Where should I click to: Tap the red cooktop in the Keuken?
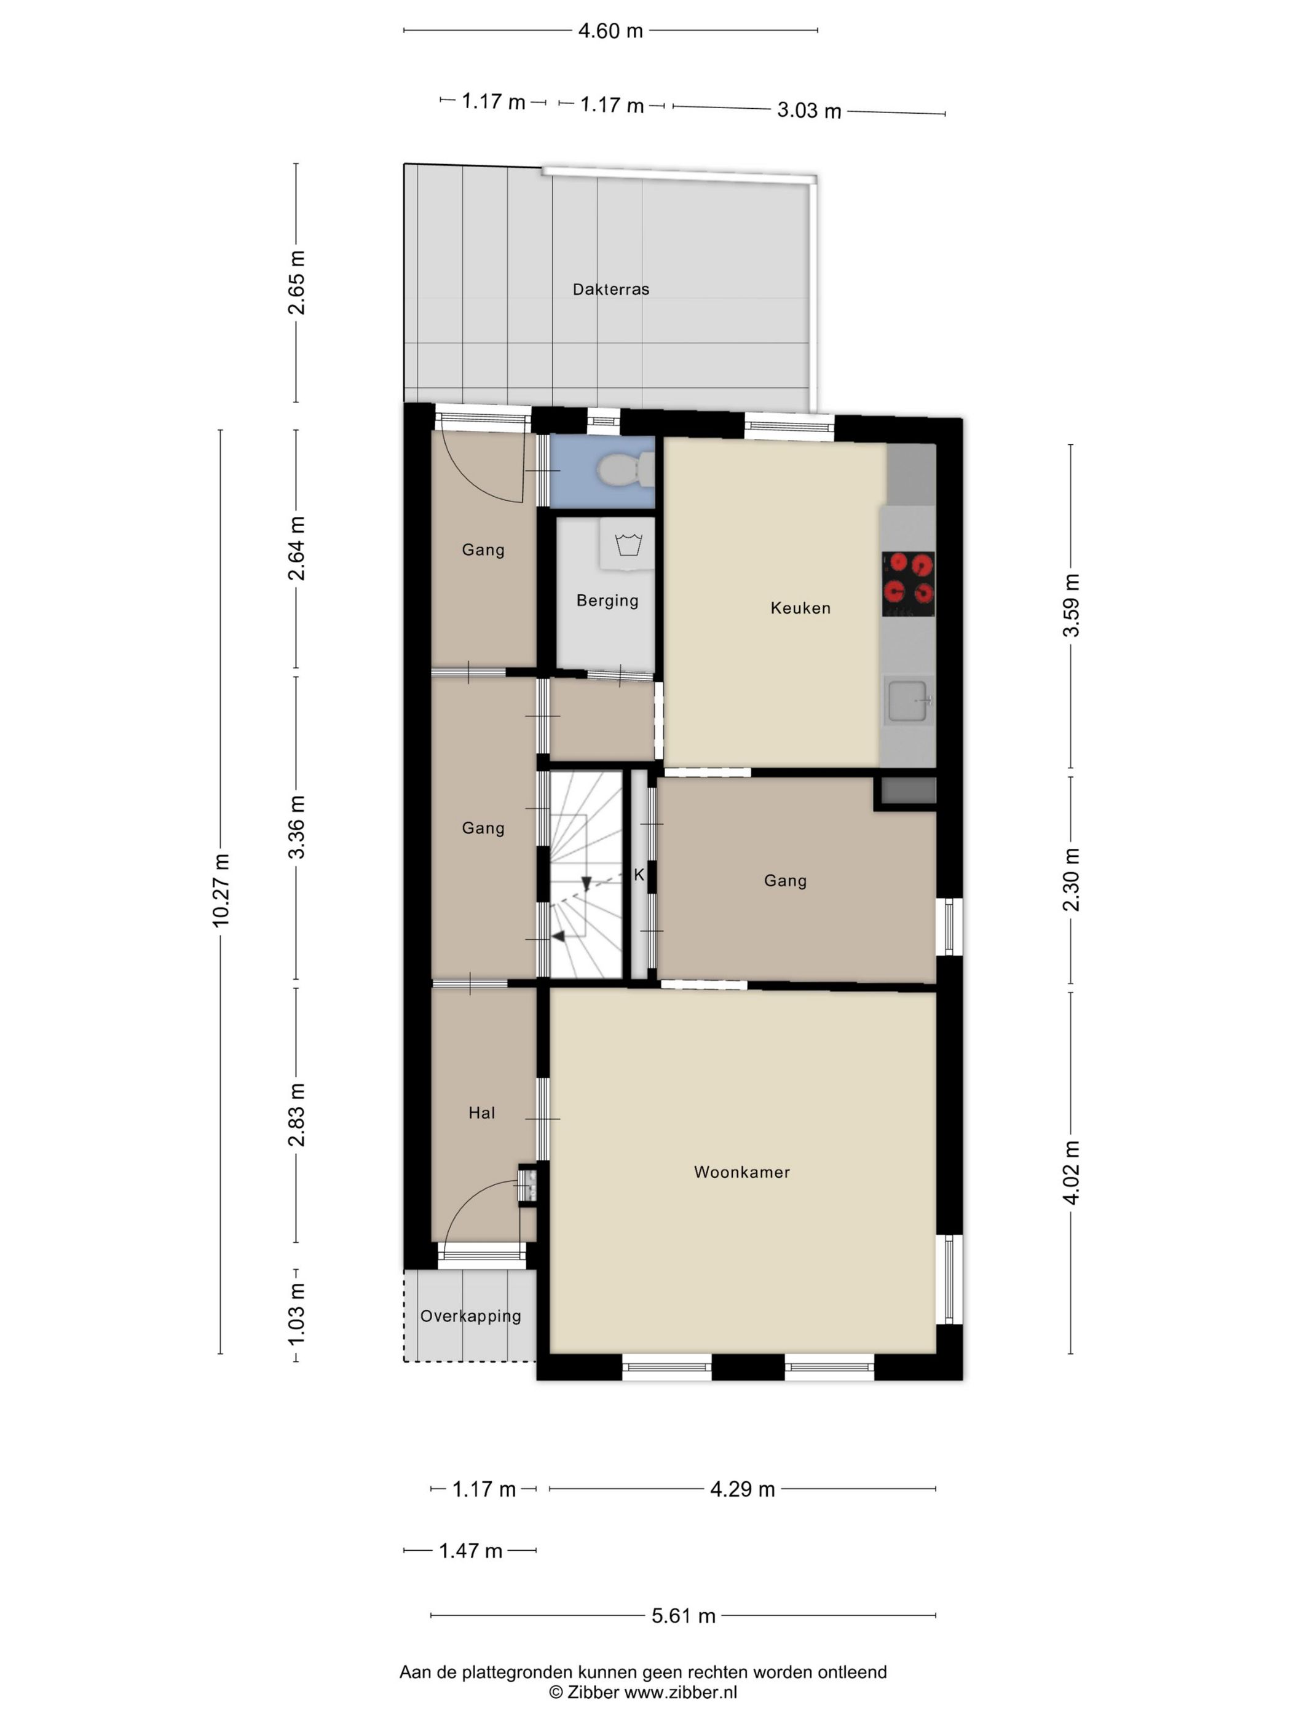click(x=908, y=583)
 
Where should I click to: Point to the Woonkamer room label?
click(x=741, y=1172)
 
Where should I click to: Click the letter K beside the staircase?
click(x=639, y=875)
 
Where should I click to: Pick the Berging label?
click(x=607, y=601)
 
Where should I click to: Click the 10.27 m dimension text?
click(x=221, y=889)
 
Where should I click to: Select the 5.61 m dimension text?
click(x=683, y=1615)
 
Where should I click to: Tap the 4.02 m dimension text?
click(x=1072, y=1173)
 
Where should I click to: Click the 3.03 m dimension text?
click(x=809, y=111)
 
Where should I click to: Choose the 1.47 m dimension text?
click(x=470, y=1551)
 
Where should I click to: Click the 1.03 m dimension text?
click(x=296, y=1314)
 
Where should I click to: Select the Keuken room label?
click(x=800, y=608)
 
